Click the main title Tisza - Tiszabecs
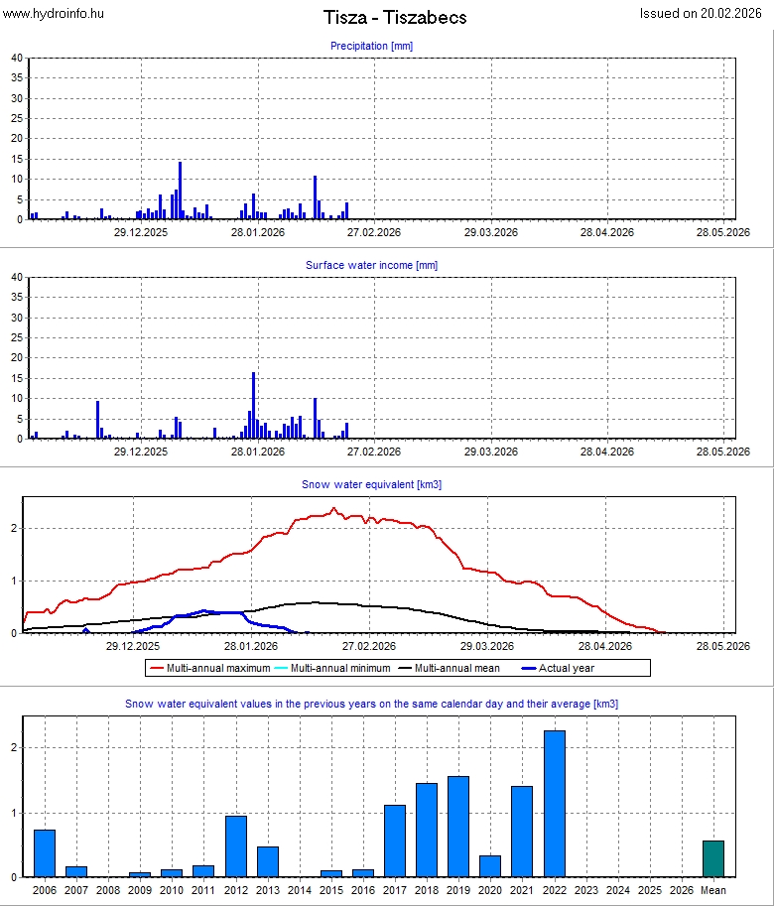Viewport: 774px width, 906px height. (x=395, y=18)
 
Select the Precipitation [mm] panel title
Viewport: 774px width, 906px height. (x=371, y=46)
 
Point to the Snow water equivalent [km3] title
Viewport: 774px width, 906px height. (x=371, y=484)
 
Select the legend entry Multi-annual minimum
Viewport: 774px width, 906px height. (x=333, y=668)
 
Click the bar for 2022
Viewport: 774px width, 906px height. (x=554, y=804)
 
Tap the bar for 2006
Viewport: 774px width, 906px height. (x=45, y=853)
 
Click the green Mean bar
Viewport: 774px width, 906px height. (x=713, y=858)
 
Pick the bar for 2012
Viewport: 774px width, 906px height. (x=235, y=846)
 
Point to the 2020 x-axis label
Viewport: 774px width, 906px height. (x=490, y=891)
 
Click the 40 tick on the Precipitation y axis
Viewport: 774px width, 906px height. (x=17, y=58)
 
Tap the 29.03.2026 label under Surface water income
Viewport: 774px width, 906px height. (x=490, y=452)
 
